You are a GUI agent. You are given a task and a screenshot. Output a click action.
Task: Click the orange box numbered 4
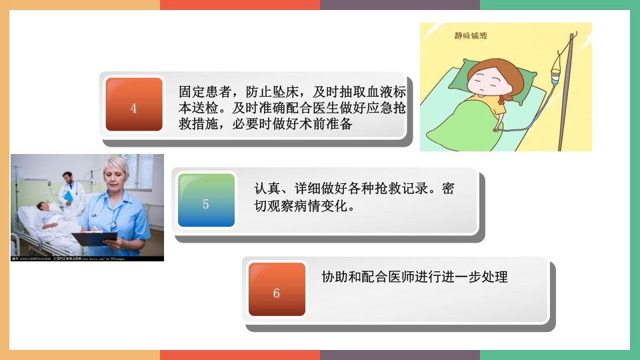pyautogui.click(x=134, y=105)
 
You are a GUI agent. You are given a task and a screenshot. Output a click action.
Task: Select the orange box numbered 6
pyautogui.click(x=277, y=289)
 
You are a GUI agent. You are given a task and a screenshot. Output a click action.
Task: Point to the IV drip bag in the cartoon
pyautogui.click(x=556, y=79)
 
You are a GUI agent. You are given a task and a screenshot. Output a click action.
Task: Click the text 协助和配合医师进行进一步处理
pyautogui.click(x=414, y=277)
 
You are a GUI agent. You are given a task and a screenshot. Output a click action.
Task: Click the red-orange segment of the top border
pyautogui.click(x=240, y=5)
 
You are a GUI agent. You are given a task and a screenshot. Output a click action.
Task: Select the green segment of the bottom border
pyautogui.click(x=560, y=355)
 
